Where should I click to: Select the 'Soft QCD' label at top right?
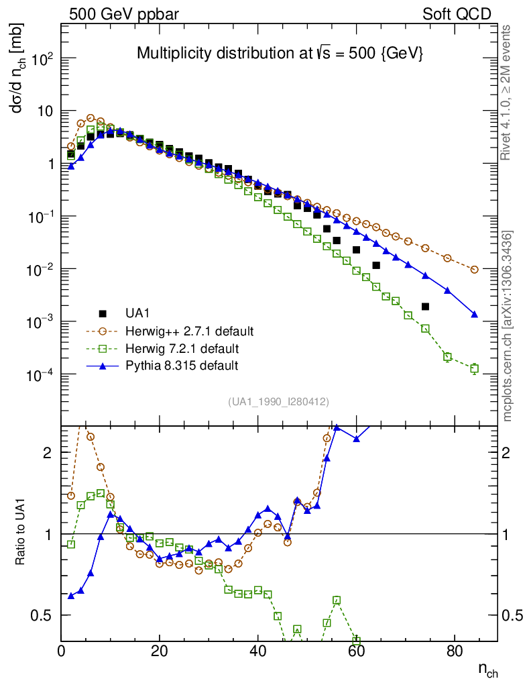(457, 14)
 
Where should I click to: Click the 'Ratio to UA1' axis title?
(19, 534)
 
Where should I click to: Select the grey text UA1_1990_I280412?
(278, 401)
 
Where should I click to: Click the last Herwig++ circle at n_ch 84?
(474, 269)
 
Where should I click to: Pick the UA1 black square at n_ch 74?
(425, 307)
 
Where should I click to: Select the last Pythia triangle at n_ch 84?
(474, 314)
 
